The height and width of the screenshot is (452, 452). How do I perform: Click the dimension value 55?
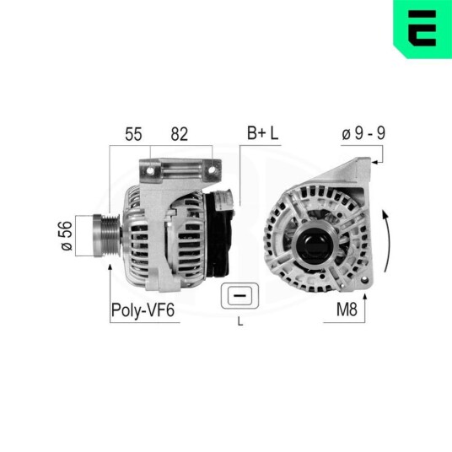pyautogui.click(x=133, y=134)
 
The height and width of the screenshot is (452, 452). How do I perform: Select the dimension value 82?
pyautogui.click(x=180, y=134)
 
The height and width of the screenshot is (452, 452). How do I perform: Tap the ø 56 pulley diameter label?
pyautogui.click(x=67, y=235)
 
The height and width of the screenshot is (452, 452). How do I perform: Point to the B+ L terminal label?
pyautogui.click(x=263, y=133)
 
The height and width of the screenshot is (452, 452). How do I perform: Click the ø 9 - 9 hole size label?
pyautogui.click(x=363, y=133)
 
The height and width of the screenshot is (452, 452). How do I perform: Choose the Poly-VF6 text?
pyautogui.click(x=143, y=310)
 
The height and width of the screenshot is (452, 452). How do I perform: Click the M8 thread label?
pyautogui.click(x=347, y=309)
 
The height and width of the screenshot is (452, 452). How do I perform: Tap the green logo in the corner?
pyautogui.click(x=422, y=29)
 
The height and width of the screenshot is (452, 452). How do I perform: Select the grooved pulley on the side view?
pyautogui.click(x=106, y=235)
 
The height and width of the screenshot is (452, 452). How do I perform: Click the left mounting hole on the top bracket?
pyautogui.click(x=150, y=170)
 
